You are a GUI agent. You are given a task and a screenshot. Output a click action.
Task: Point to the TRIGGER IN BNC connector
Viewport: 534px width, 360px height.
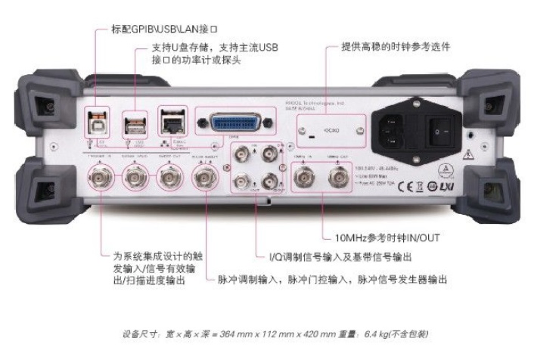(x=99, y=180)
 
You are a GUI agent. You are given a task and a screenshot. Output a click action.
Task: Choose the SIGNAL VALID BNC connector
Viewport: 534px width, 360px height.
(x=135, y=180)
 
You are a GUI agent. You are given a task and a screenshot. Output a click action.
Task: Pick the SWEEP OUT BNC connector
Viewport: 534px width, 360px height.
(x=167, y=180)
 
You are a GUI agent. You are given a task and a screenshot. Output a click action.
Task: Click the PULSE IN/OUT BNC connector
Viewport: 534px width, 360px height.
(x=203, y=180)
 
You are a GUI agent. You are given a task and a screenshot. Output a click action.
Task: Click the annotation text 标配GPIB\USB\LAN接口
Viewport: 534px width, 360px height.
(x=160, y=29)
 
